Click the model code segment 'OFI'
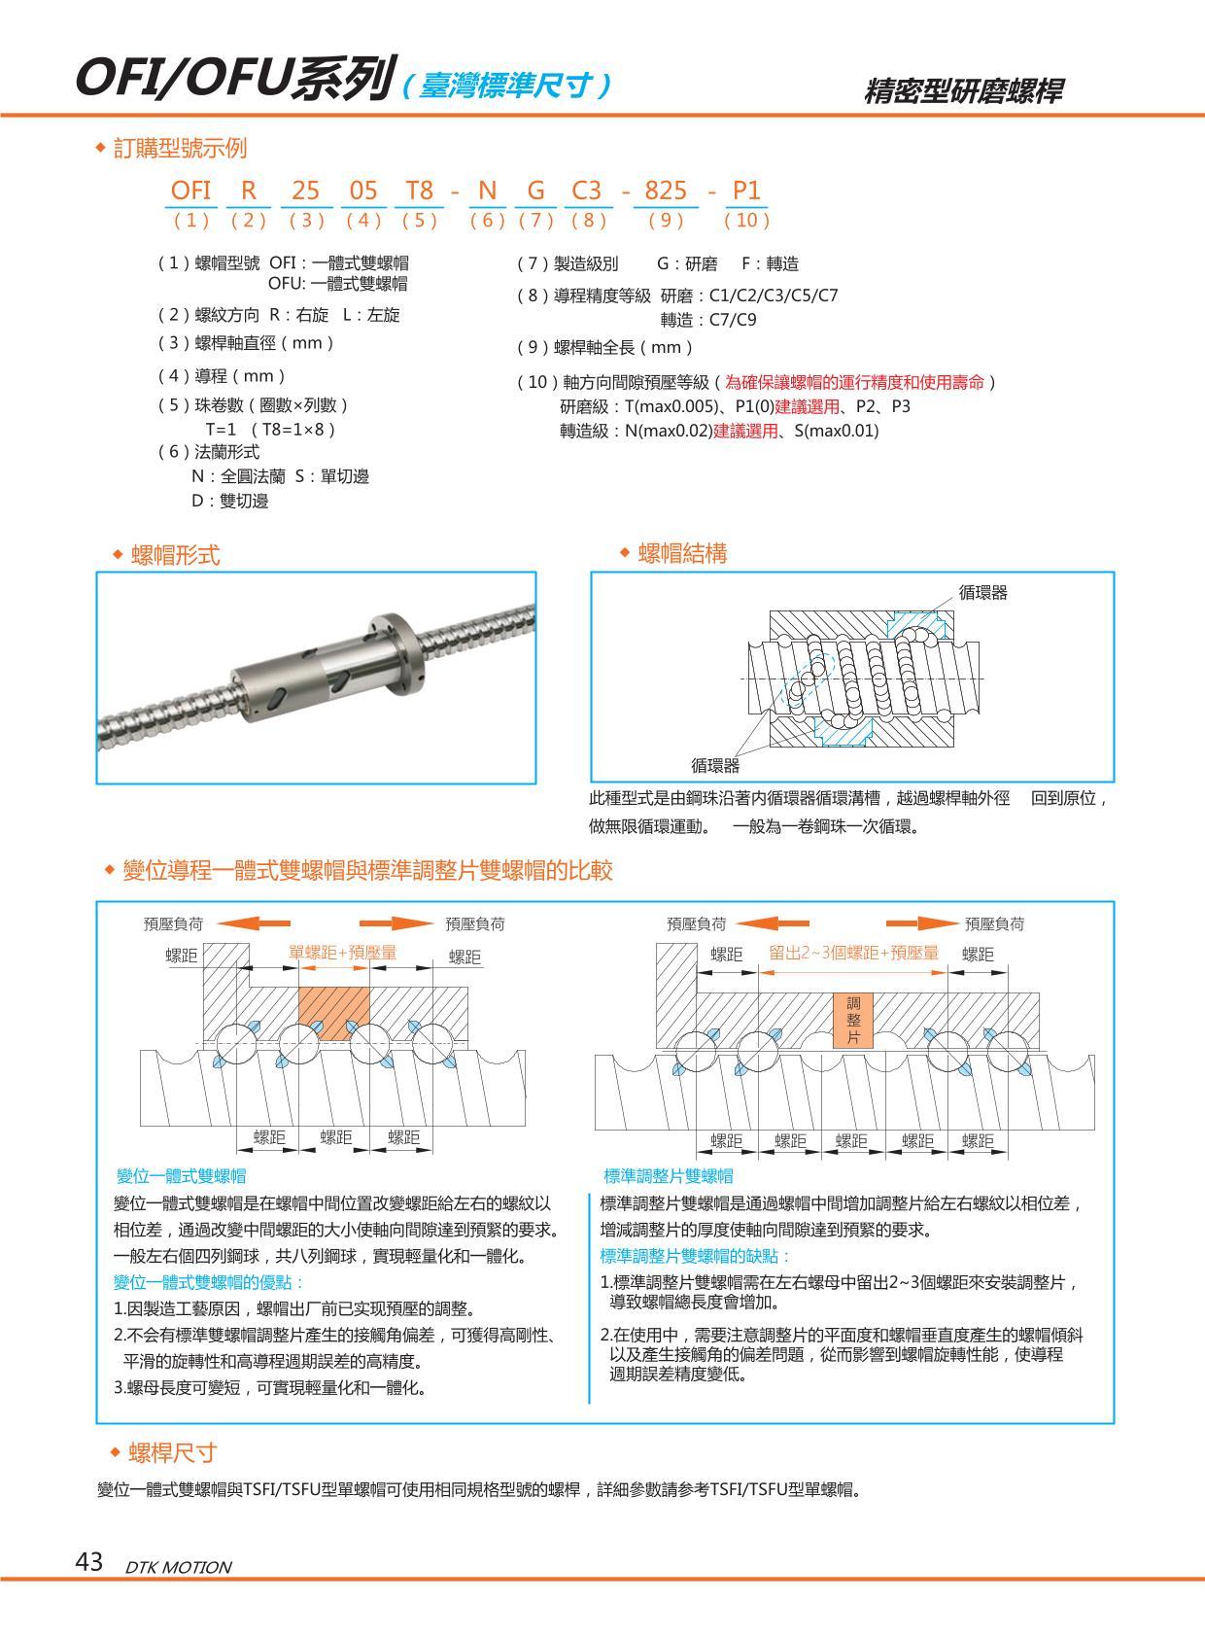coord(190,191)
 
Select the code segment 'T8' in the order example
coord(419,191)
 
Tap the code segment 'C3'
coord(586,191)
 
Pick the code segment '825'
coord(666,191)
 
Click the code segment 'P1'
coord(745,191)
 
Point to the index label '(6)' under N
coord(487,220)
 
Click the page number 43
coord(88,1562)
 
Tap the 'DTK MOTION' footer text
coord(179,1567)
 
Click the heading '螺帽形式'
coord(175,555)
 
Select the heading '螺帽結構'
coord(682,554)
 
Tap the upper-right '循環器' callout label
coord(982,592)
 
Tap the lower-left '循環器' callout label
coord(714,766)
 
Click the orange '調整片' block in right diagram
coord(854,1020)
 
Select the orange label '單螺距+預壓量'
coord(343,953)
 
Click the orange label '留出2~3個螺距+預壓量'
coord(854,953)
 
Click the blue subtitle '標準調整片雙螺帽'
coord(669,1176)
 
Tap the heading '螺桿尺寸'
coord(173,1453)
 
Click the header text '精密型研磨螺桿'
coord(962,91)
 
